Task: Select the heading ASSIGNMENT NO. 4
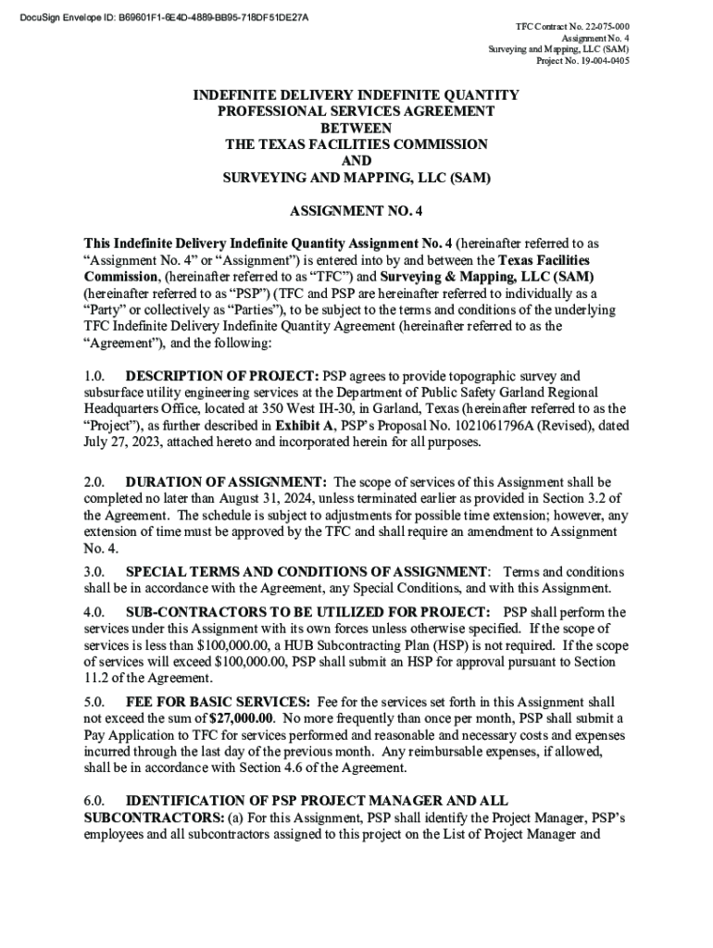click(x=356, y=210)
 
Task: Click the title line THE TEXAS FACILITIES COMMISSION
click(x=356, y=144)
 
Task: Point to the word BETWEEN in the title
click(x=356, y=128)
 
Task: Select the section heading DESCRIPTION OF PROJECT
click(x=221, y=376)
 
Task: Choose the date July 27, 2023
click(x=131, y=443)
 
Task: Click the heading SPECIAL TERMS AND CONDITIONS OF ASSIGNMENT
click(x=306, y=571)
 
